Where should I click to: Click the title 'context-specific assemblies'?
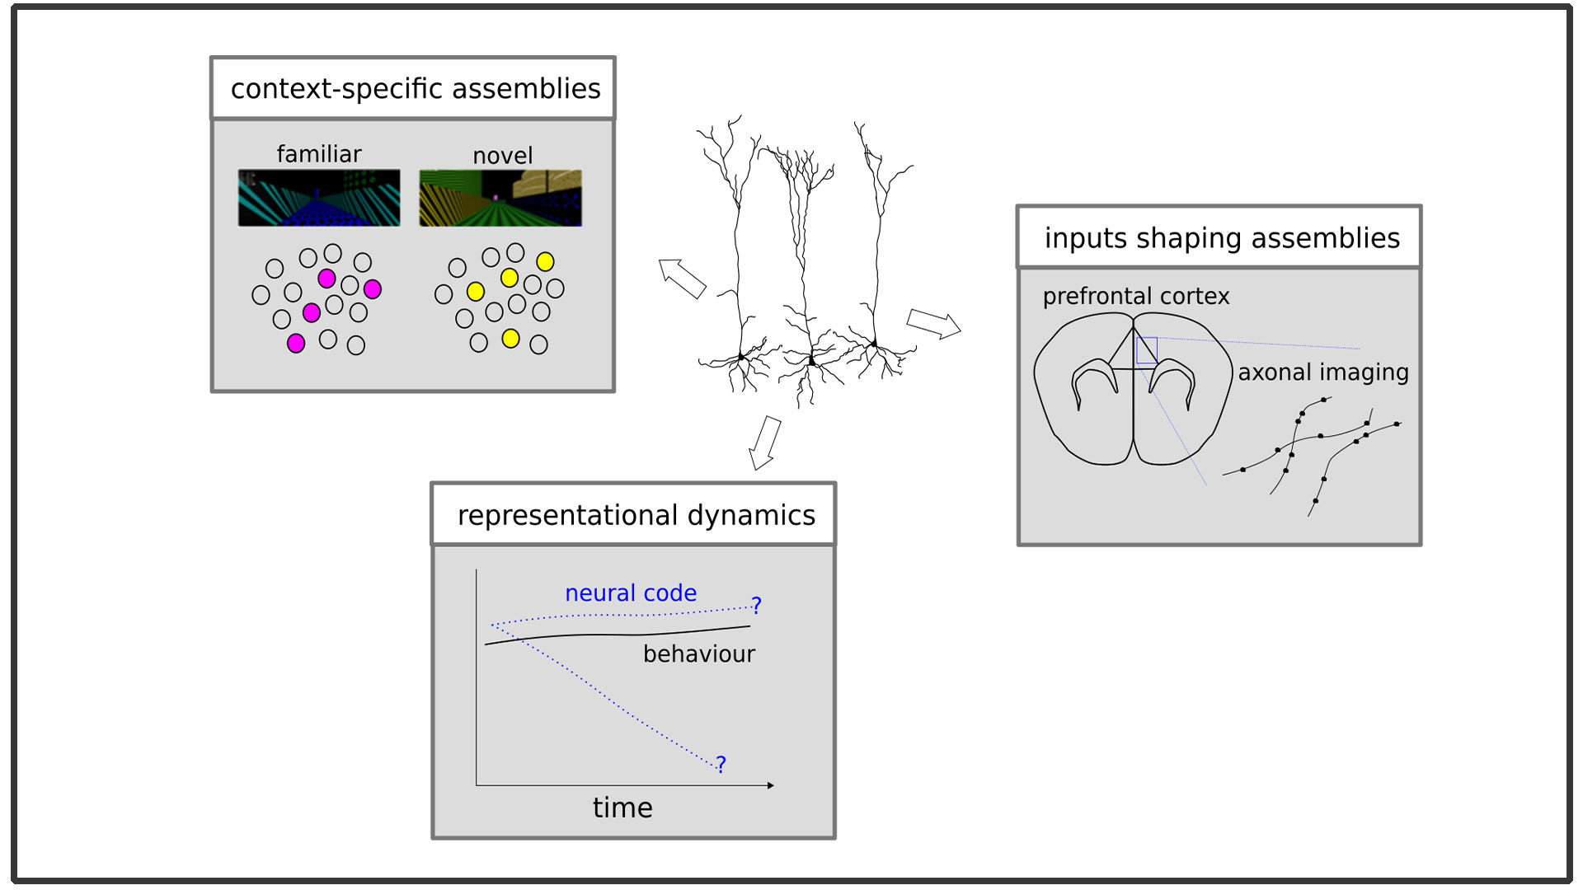[x=416, y=88]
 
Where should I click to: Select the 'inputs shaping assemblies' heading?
[x=1222, y=238]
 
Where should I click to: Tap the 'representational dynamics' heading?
[x=636, y=515]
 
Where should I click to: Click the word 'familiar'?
[x=319, y=153]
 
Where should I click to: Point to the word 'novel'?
[x=502, y=155]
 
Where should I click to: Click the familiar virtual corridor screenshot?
[x=319, y=198]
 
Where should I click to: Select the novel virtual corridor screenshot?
[x=500, y=198]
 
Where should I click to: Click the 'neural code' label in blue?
[x=631, y=593]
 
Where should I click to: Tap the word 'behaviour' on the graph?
[x=699, y=653]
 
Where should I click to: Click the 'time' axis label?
[x=622, y=808]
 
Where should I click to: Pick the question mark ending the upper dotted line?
[x=756, y=606]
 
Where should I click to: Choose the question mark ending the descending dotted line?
[x=721, y=765]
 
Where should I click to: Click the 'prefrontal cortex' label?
[x=1136, y=296]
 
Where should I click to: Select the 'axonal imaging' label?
[x=1323, y=372]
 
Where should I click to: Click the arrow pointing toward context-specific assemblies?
[x=682, y=278]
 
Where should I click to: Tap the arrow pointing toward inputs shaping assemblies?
[x=933, y=324]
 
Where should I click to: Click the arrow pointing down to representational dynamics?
[x=765, y=443]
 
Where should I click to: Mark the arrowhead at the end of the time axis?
[x=771, y=785]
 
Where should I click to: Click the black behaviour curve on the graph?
[x=618, y=635]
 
